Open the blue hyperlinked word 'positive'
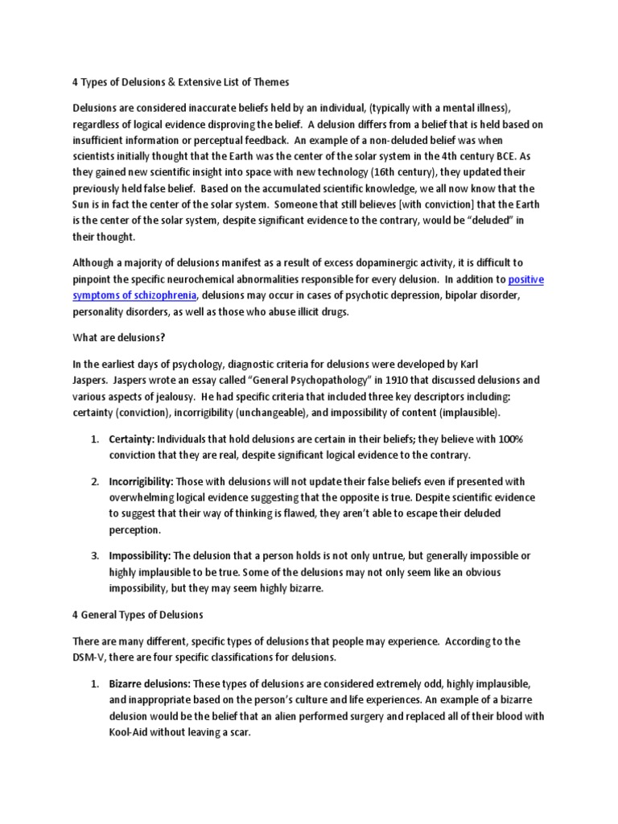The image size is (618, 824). (x=526, y=279)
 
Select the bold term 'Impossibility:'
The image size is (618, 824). (x=139, y=556)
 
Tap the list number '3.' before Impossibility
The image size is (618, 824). (x=94, y=556)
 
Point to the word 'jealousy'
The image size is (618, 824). (x=193, y=396)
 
